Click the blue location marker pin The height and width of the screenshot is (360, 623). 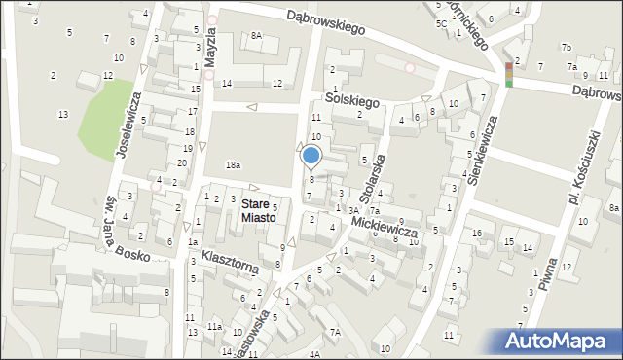point(311,156)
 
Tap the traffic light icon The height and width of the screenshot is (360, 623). point(508,74)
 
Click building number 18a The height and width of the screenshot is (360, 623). point(233,165)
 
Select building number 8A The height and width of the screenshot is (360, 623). point(256,35)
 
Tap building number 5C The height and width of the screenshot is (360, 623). point(441,22)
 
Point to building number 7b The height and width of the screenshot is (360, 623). point(566,47)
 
